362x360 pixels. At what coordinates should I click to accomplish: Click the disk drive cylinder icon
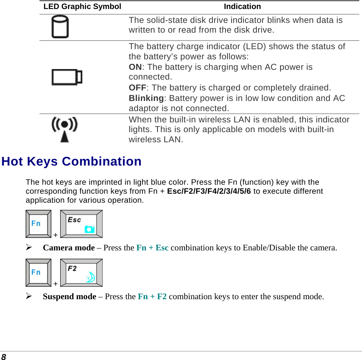pos(60,27)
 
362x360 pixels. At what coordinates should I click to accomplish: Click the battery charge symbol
pos(67,77)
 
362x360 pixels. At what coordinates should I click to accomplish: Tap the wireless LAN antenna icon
pos(65,129)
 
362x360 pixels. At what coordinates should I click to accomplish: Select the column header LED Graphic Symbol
pos(82,7)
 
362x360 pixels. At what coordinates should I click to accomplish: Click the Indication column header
pos(242,7)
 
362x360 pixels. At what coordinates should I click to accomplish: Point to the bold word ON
pos(135,67)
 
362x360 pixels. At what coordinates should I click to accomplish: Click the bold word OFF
pos(137,88)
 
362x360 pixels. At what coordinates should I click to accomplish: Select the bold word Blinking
pos(146,98)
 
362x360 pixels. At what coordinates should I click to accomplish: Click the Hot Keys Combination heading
pos(71,161)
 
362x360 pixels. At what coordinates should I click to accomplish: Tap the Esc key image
pos(81,224)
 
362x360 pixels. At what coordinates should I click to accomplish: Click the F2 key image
pos(81,273)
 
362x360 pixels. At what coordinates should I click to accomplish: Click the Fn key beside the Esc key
pos(38,224)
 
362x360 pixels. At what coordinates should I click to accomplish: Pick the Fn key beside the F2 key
pos(38,273)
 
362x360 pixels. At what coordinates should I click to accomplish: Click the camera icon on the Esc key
pos(89,229)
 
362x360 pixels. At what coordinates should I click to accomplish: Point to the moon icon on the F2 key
pos(91,277)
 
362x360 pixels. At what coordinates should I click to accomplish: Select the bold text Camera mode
pos(69,248)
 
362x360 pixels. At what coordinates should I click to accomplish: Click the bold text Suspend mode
pos(70,297)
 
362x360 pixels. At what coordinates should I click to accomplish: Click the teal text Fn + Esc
pos(152,248)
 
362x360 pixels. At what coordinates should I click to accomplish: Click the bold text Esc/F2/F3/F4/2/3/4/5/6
pos(209,191)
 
